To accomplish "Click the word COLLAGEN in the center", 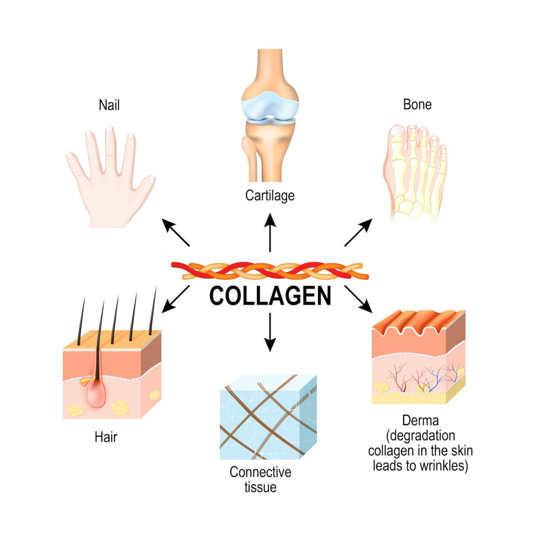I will (270, 296).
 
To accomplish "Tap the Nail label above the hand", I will (109, 105).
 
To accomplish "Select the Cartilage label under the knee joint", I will (270, 195).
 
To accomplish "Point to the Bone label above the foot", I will (417, 104).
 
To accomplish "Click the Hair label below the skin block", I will (106, 436).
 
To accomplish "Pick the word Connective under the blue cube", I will (260, 472).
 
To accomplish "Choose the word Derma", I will (420, 421).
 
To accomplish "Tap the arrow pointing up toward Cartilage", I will (270, 232).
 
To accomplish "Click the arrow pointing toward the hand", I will (175, 232).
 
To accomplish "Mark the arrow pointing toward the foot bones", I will (359, 232).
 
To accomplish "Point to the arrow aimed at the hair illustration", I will (175, 299).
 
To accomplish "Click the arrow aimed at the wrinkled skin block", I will (359, 299).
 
